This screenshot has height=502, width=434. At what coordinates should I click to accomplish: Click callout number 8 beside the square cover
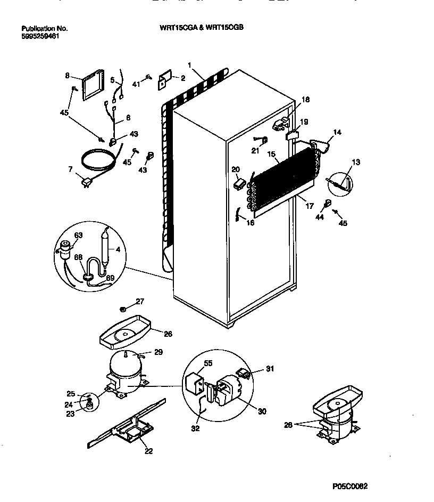67,75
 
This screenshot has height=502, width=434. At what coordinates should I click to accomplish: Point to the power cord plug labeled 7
86,184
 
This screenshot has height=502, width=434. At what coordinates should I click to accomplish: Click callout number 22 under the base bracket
148,451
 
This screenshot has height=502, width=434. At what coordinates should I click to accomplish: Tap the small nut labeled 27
123,309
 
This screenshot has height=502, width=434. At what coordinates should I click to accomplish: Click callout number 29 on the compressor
158,352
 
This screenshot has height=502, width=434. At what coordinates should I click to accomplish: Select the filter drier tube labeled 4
106,246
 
